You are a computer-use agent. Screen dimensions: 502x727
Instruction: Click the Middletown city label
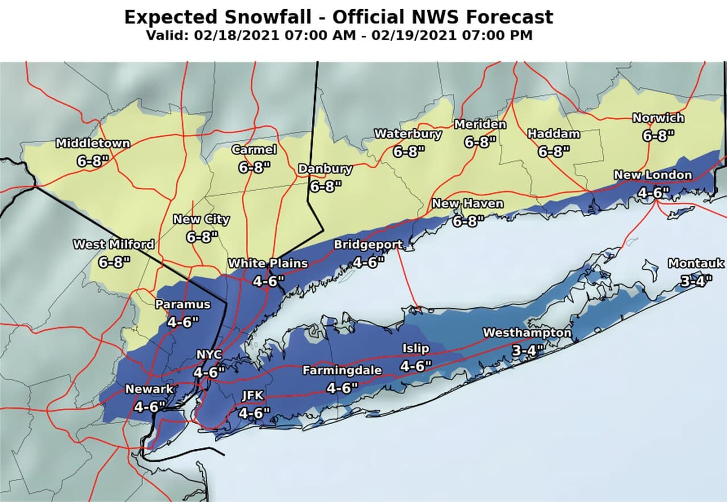93,144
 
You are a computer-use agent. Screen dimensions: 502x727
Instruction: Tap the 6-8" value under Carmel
254,168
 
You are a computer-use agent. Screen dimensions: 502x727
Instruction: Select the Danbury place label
325,169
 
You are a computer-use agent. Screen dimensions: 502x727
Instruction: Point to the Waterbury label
408,134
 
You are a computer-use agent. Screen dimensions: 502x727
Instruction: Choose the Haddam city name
554,134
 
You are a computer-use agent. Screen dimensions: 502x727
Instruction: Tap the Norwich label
658,119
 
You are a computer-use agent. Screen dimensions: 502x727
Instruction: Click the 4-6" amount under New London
653,193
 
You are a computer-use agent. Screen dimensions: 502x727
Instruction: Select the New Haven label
467,203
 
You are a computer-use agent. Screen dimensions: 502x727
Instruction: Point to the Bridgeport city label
368,245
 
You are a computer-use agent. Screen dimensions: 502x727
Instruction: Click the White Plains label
268,263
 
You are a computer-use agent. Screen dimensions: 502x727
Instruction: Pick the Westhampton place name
527,333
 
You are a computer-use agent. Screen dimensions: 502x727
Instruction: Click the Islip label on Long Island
416,348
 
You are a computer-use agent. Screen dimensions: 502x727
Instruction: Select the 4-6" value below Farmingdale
342,388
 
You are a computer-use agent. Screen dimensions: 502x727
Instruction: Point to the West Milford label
114,245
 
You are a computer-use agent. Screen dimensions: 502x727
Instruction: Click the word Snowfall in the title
276,16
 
